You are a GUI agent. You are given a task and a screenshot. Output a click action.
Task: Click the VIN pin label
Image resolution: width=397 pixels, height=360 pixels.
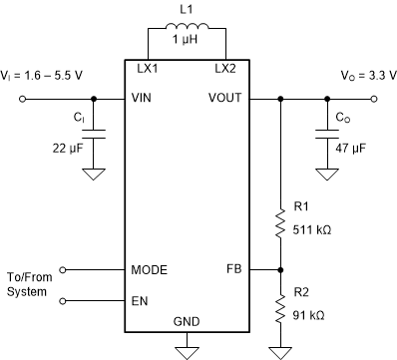click(144, 99)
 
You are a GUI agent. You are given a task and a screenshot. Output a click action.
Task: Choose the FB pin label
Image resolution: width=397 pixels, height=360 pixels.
click(234, 270)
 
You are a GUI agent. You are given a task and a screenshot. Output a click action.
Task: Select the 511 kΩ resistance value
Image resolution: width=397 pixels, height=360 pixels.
click(312, 226)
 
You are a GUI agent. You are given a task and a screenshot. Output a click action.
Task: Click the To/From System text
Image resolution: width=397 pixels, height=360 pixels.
click(27, 284)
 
